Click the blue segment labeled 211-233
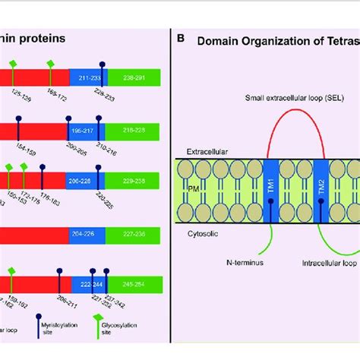(x=87, y=77)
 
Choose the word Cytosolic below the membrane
(x=204, y=235)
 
